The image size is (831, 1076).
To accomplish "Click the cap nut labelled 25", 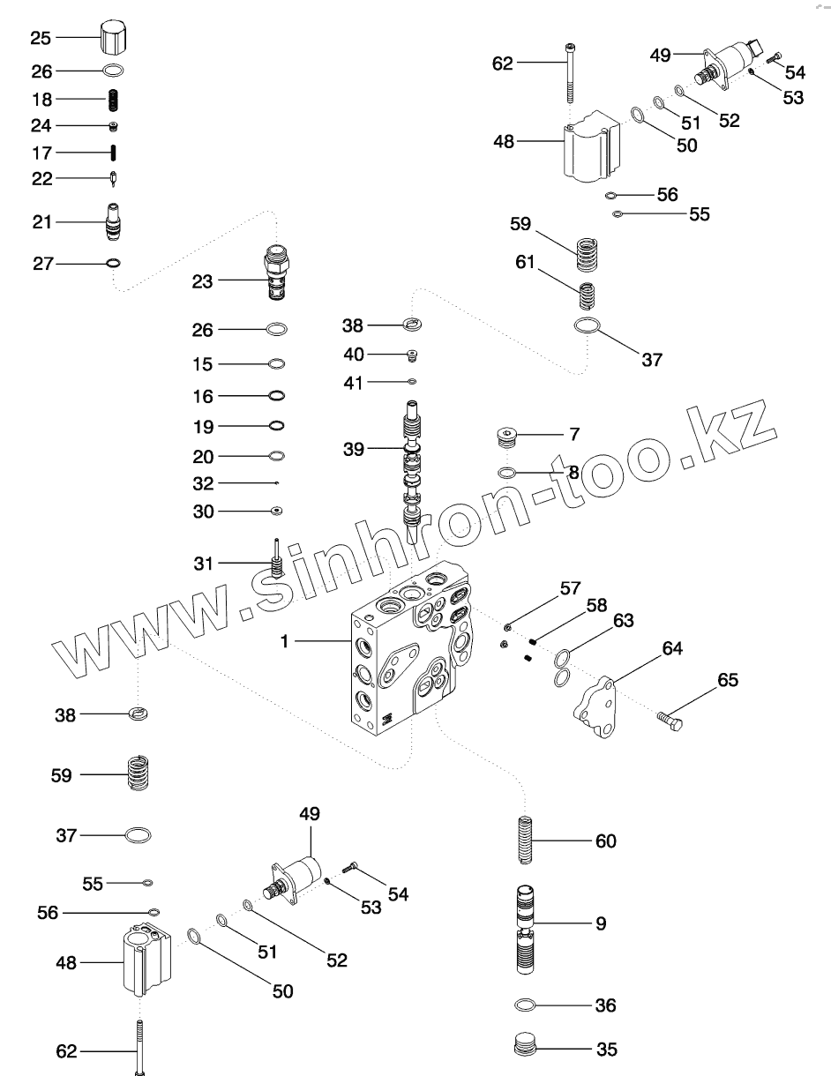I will click(113, 38).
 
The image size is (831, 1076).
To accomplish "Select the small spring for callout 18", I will click(113, 99).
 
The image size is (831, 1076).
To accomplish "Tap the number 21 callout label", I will click(42, 222).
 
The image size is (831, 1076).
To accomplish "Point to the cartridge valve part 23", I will click(277, 273).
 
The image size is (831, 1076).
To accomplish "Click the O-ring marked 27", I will click(113, 262).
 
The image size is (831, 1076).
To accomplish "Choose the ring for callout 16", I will click(276, 395).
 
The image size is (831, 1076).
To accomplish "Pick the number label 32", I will click(203, 483).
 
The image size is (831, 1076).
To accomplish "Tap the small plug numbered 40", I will click(411, 355).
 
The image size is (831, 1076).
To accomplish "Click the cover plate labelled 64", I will click(600, 707).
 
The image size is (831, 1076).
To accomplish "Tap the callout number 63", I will click(624, 621).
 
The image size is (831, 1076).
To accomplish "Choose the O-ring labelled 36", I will click(525, 1005).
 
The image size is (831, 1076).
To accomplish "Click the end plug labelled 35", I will click(526, 1048).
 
